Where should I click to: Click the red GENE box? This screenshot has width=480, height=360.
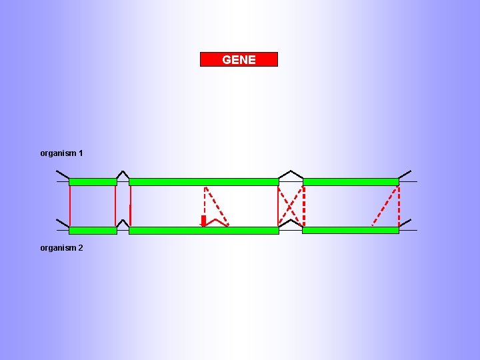[239, 59]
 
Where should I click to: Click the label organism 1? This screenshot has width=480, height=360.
[61, 153]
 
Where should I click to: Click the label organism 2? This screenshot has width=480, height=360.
[61, 248]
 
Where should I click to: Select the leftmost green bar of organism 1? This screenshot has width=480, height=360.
[93, 181]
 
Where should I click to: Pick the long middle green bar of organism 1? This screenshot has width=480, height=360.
[203, 181]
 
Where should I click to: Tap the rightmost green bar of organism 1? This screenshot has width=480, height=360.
[351, 181]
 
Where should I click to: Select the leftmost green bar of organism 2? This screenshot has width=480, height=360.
[93, 230]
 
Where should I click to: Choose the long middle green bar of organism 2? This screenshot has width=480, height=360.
[203, 230]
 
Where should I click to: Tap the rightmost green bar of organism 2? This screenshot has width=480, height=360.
[351, 230]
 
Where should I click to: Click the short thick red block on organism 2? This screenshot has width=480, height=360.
[203, 221]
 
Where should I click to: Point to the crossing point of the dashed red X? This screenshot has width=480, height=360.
[291, 207]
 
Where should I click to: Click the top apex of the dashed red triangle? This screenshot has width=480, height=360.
[205, 187]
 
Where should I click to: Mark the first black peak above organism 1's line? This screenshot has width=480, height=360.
[123, 173]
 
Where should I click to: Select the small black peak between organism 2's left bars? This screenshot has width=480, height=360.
[123, 221]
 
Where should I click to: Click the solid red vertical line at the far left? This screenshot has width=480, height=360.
[70, 205]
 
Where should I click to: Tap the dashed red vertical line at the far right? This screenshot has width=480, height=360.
[399, 205]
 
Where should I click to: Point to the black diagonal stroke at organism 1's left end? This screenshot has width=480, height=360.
[63, 175]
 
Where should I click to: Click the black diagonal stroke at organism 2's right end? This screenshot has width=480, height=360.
[405, 223]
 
